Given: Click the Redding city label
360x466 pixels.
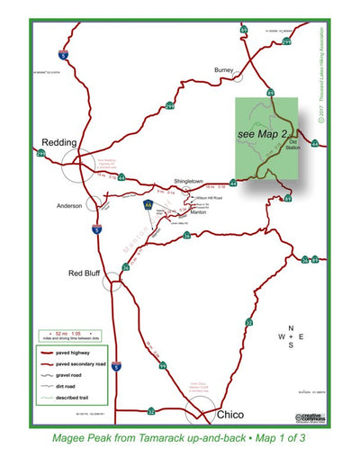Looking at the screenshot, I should [x=59, y=142].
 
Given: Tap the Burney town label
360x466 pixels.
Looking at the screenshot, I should [x=224, y=69].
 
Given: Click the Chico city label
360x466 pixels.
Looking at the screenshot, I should [x=231, y=416].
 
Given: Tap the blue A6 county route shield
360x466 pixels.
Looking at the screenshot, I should [x=148, y=206].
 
